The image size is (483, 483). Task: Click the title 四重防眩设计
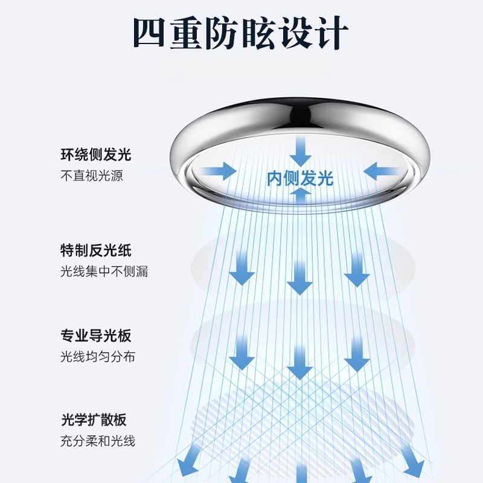pyautogui.click(x=241, y=34)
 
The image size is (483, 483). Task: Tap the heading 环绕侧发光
pyautogui.click(x=96, y=155)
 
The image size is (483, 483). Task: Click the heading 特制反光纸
pyautogui.click(x=96, y=250)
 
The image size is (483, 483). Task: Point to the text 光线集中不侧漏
pyautogui.click(x=104, y=272)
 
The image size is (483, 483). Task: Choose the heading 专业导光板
pyautogui.click(x=96, y=336)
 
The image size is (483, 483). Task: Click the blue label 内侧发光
pyautogui.click(x=300, y=178)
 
